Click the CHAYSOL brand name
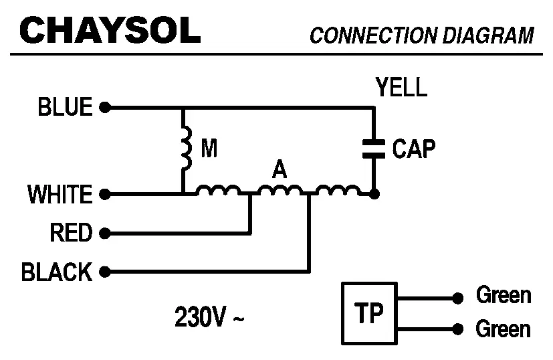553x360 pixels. click(x=110, y=30)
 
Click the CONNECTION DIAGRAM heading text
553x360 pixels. click(x=421, y=35)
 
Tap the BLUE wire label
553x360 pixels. click(x=65, y=107)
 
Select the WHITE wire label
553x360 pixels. click(x=60, y=195)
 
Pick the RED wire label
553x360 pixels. click(x=70, y=234)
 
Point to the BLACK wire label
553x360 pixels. click(x=57, y=272)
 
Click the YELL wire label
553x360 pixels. click(x=401, y=88)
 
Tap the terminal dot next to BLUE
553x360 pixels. click(x=104, y=107)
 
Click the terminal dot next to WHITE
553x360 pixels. click(x=104, y=195)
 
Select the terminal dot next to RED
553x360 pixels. click(x=104, y=234)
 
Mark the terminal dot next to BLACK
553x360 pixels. click(x=104, y=272)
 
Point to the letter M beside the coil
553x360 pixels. click(x=209, y=149)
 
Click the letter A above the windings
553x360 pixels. click(x=279, y=170)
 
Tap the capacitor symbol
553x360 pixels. click(x=374, y=148)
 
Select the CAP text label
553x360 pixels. click(x=413, y=149)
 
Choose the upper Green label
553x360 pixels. click(x=503, y=295)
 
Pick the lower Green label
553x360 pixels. click(x=503, y=329)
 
